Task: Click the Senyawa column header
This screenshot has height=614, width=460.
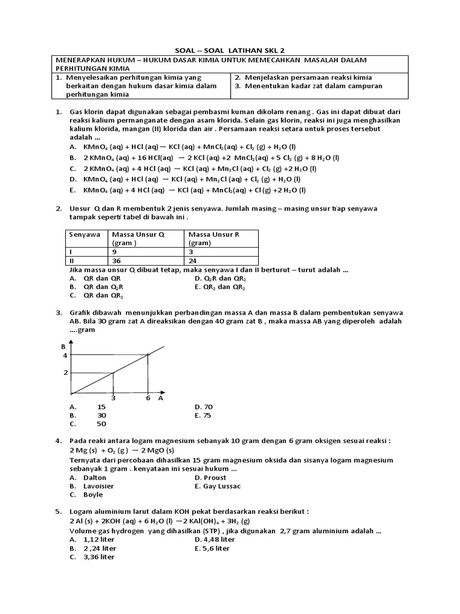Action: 84,234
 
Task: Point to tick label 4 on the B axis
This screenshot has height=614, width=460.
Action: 66,356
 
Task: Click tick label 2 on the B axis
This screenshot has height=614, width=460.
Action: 66,373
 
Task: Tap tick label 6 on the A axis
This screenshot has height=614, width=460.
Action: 147,398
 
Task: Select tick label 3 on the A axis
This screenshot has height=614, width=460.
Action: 114,398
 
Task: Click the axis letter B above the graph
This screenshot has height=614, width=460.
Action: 63,347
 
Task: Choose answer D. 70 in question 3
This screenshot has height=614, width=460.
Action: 204,407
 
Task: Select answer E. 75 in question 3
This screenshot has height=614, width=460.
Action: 204,415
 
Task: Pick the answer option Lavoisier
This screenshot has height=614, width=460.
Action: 98,486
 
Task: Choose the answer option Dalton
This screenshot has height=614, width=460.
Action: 95,477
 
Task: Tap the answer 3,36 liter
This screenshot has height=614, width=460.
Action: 99,557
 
